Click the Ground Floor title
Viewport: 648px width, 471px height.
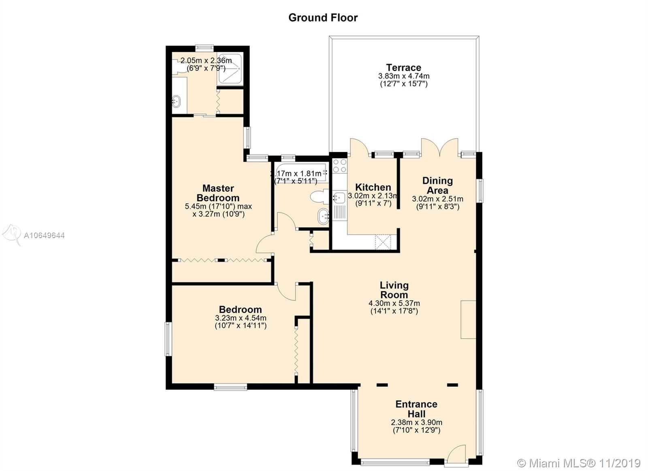pyautogui.click(x=323, y=18)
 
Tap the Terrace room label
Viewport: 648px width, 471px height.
pyautogui.click(x=403, y=67)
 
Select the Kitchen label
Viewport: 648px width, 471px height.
pyautogui.click(x=373, y=187)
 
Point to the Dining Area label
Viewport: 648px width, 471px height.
pyautogui.click(x=437, y=185)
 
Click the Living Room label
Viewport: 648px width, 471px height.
pyautogui.click(x=394, y=290)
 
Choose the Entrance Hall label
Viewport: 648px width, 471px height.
pyautogui.click(x=416, y=409)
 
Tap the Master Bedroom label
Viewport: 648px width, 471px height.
pyautogui.click(x=218, y=193)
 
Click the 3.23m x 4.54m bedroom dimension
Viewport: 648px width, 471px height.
pyautogui.click(x=241, y=318)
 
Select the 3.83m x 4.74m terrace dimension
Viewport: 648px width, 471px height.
pyautogui.click(x=403, y=76)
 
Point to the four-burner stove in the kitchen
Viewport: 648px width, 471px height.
pyautogui.click(x=339, y=166)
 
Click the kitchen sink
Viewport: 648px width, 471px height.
pyautogui.click(x=339, y=198)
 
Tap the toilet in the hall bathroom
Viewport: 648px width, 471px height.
pyautogui.click(x=320, y=197)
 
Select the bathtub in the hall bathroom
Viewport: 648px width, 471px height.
pyautogui.click(x=301, y=173)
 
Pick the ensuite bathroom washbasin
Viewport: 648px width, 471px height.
pyautogui.click(x=176, y=101)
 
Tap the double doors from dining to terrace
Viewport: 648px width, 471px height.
pyautogui.click(x=440, y=147)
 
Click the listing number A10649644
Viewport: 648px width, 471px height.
pyautogui.click(x=44, y=236)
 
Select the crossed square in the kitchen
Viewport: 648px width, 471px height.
pyautogui.click(x=383, y=242)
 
